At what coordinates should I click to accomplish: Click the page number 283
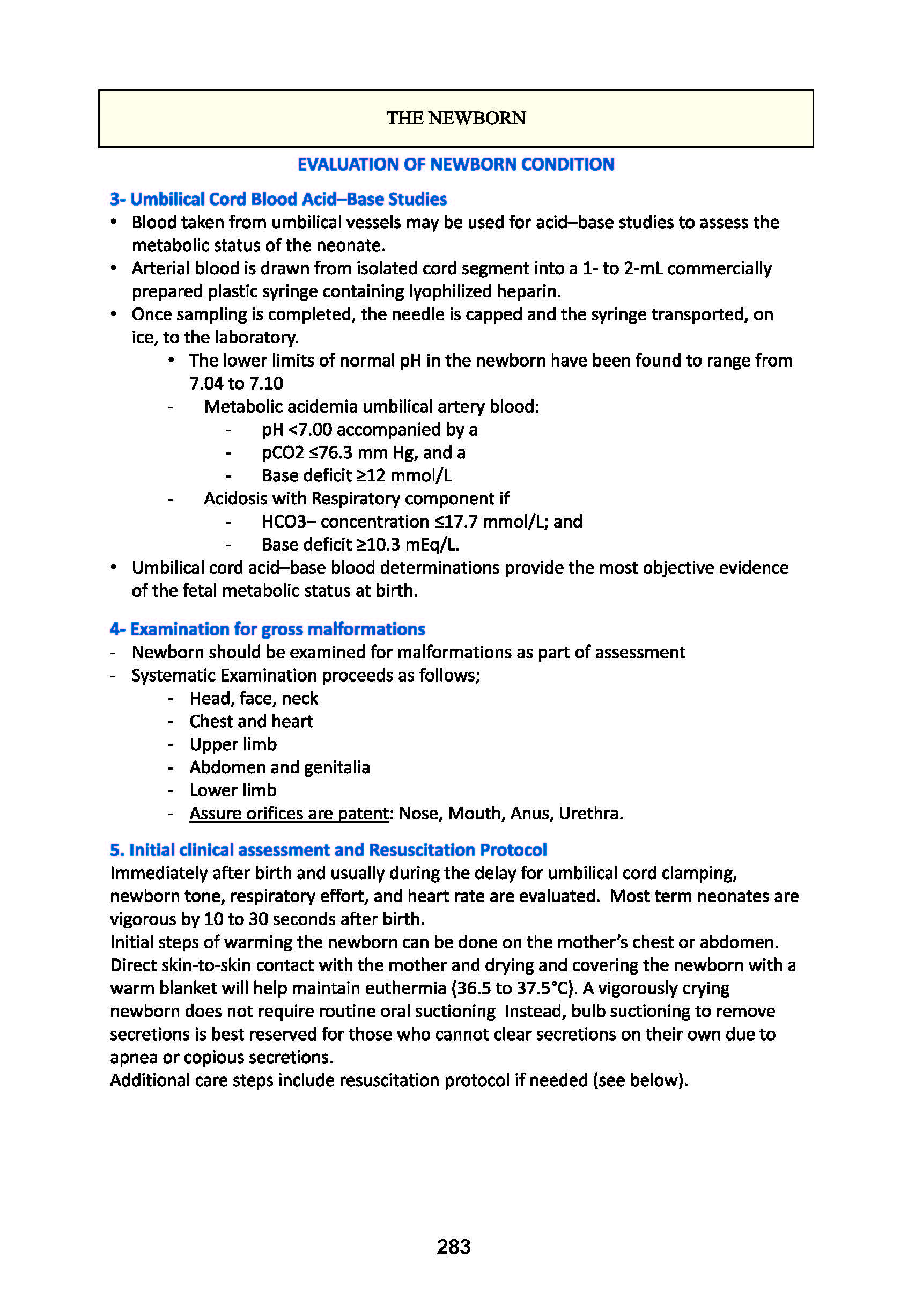pyautogui.click(x=453, y=1246)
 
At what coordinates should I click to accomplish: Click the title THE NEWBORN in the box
pyautogui.click(x=456, y=119)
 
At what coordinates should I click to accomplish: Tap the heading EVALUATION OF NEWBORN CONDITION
pyautogui.click(x=456, y=165)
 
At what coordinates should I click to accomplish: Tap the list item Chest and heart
pyautogui.click(x=251, y=721)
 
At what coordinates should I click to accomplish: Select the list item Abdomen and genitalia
pyautogui.click(x=279, y=767)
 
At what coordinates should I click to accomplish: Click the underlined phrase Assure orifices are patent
pyautogui.click(x=289, y=814)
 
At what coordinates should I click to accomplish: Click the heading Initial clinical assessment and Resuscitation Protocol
pyautogui.click(x=328, y=850)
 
